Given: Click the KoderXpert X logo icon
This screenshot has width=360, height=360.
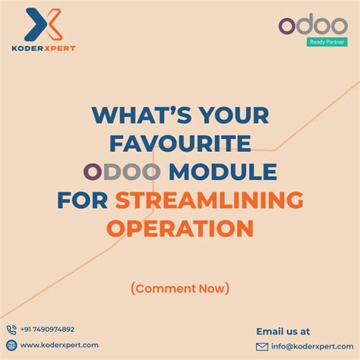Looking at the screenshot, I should (44, 25).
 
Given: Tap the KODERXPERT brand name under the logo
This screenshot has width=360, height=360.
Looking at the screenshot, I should (43, 48).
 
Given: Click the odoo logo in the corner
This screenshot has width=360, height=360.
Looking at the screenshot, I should (312, 26).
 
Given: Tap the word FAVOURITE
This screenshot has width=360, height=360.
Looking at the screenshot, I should (181, 144).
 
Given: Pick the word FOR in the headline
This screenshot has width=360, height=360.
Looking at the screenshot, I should (83, 201).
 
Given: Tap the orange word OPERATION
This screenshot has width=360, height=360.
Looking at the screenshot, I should (180, 228).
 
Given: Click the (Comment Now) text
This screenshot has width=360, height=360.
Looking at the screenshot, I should (179, 288).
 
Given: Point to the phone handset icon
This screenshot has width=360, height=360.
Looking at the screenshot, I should (11, 330).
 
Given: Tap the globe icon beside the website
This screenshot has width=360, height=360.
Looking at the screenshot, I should (11, 345).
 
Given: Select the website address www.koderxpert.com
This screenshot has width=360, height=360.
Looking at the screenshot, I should (59, 345).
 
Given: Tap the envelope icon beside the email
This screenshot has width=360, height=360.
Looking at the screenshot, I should (262, 346).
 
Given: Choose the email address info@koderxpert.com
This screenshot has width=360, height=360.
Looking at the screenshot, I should (311, 346).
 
